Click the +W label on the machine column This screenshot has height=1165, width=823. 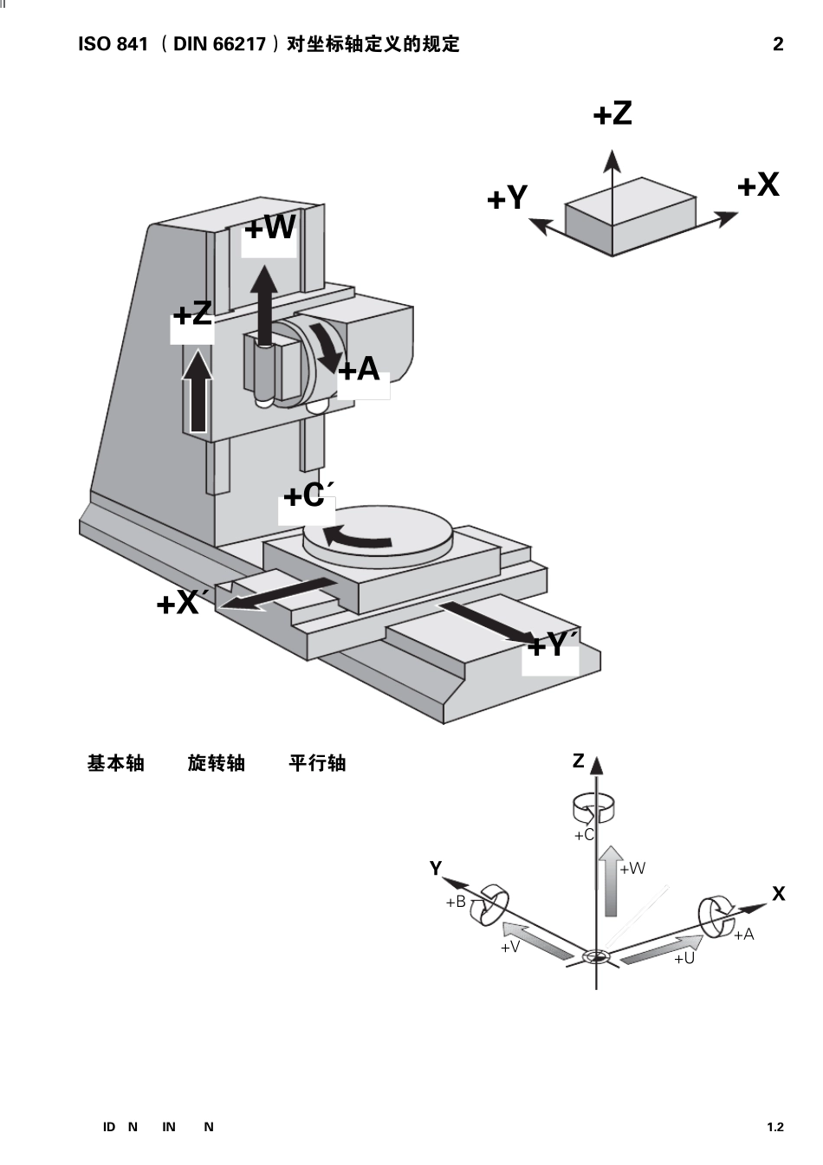pos(270,227)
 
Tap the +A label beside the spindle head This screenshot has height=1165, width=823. pos(359,369)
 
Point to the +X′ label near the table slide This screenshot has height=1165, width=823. pos(178,603)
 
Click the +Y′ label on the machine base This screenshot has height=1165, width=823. pos(553,644)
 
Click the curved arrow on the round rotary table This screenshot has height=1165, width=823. pos(357,537)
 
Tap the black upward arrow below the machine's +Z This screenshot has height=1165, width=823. pos(198,391)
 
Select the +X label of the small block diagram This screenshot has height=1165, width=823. pos(759,184)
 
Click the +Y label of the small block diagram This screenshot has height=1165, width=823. pos(507,197)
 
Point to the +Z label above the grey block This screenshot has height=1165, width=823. pos(612,113)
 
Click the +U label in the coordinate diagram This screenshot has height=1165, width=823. pos(684,959)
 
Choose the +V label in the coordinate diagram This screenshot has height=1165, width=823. pos(509,947)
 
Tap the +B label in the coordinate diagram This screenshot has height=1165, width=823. pos(456,903)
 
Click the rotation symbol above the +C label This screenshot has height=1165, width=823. pos(593,809)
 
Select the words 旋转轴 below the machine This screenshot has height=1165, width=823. pos(217,763)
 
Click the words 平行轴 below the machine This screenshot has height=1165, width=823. pos(317,763)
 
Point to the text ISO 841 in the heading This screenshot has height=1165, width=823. pos(113,44)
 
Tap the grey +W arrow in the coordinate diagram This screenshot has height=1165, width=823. pos(611,881)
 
